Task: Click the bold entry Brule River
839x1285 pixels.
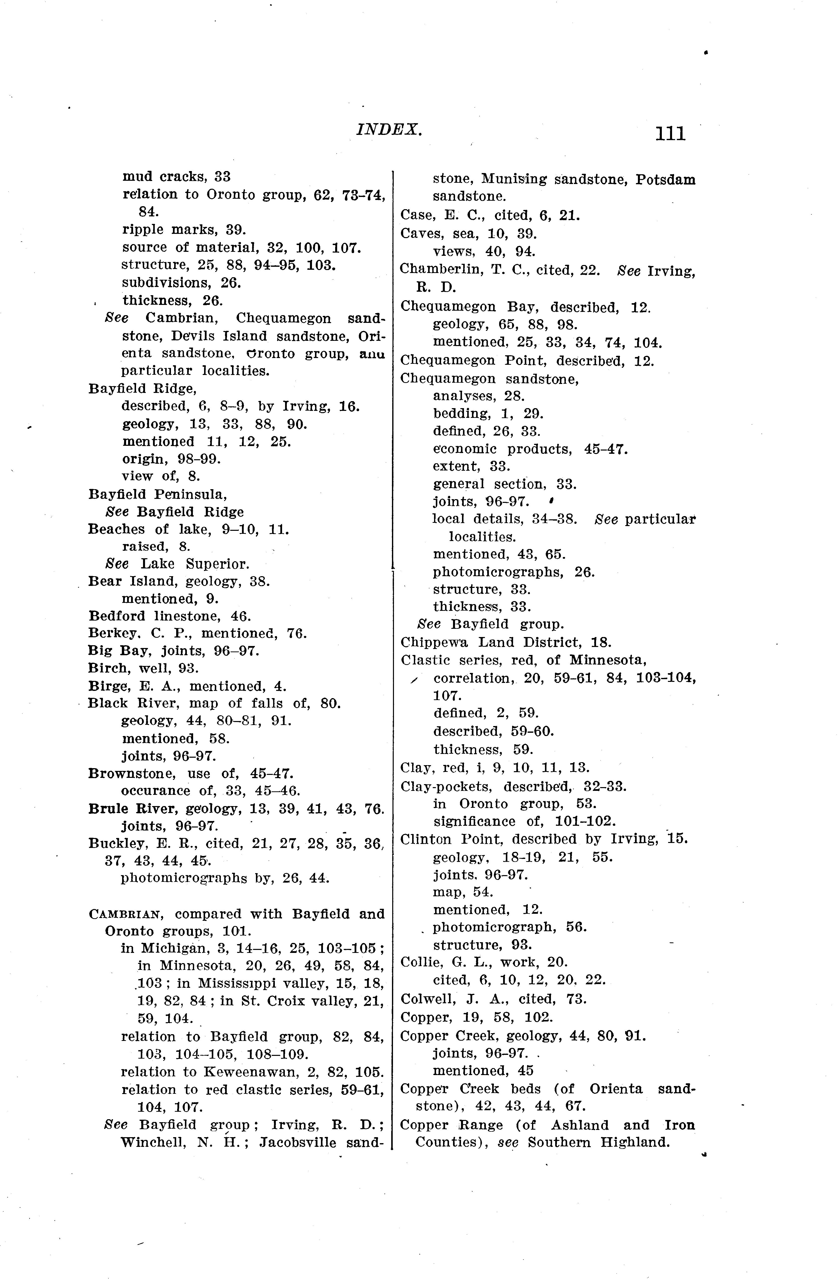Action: coord(132,809)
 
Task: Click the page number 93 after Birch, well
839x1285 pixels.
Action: coord(189,668)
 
